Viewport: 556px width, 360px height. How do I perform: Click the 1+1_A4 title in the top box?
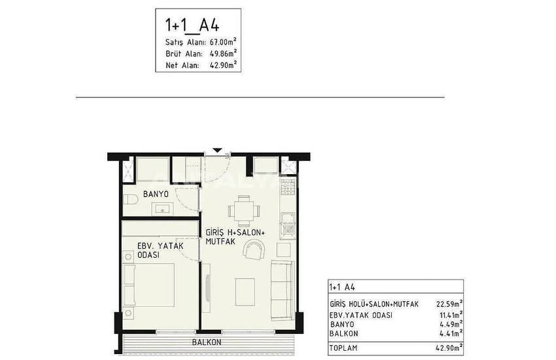click(x=192, y=25)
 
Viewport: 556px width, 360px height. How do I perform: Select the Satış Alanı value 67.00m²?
click(x=223, y=41)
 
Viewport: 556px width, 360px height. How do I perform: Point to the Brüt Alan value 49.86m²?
click(x=223, y=53)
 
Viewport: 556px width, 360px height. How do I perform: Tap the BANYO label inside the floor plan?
click(x=156, y=194)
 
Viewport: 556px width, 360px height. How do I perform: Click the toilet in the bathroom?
click(x=130, y=200)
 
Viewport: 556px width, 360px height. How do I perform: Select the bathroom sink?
click(x=162, y=209)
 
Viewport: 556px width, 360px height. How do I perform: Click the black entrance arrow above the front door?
click(x=217, y=151)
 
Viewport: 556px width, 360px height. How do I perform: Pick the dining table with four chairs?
click(x=244, y=211)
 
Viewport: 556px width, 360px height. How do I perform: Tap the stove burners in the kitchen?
click(x=288, y=187)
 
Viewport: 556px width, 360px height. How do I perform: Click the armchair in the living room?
click(x=254, y=249)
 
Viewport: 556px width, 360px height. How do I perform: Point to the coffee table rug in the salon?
click(x=245, y=292)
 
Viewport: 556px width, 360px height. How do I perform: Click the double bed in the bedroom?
click(x=149, y=285)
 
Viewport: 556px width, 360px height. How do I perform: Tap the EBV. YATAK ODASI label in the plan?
click(x=160, y=250)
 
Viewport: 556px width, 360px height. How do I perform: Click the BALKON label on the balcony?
click(x=207, y=342)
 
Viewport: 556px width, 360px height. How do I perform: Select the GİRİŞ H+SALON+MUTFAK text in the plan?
click(x=235, y=237)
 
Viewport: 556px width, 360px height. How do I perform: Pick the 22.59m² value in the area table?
click(x=449, y=304)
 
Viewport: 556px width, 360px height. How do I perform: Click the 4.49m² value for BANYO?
click(x=451, y=324)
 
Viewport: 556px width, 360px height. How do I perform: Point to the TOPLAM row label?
click(x=343, y=348)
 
